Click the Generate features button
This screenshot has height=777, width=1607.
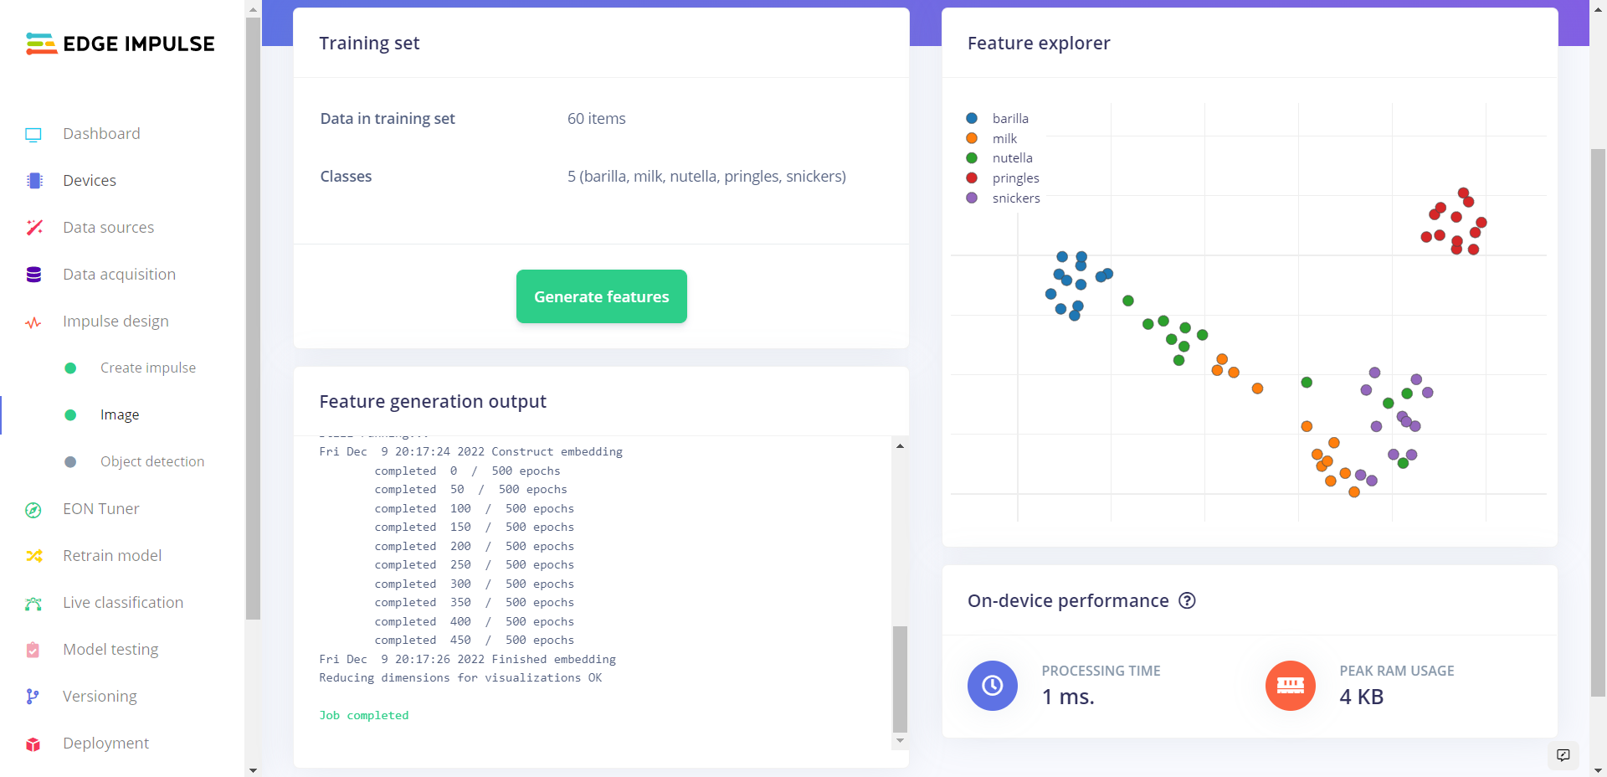click(601, 296)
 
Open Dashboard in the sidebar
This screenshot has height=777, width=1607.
click(101, 134)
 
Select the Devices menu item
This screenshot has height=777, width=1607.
click(89, 181)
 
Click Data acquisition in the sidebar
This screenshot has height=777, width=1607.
click(119, 275)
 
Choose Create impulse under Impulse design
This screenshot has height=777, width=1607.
click(147, 368)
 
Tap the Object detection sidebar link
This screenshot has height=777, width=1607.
click(151, 462)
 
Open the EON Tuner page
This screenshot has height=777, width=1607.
click(100, 509)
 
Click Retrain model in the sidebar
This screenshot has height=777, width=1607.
click(112, 556)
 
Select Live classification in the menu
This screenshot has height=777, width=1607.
click(122, 603)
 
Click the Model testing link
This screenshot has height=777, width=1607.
click(110, 650)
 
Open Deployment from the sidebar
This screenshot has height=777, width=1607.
click(105, 744)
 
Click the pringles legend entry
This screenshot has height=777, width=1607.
click(1015, 178)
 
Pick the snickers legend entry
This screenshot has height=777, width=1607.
click(1015, 198)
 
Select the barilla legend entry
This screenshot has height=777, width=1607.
click(1009, 119)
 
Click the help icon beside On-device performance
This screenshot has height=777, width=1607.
click(1187, 600)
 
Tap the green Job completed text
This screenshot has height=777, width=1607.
click(363, 716)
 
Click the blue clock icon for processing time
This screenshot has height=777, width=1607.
click(992, 686)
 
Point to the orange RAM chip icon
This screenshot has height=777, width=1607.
click(1290, 686)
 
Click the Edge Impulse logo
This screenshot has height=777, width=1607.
click(121, 44)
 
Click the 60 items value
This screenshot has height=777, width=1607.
click(596, 119)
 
